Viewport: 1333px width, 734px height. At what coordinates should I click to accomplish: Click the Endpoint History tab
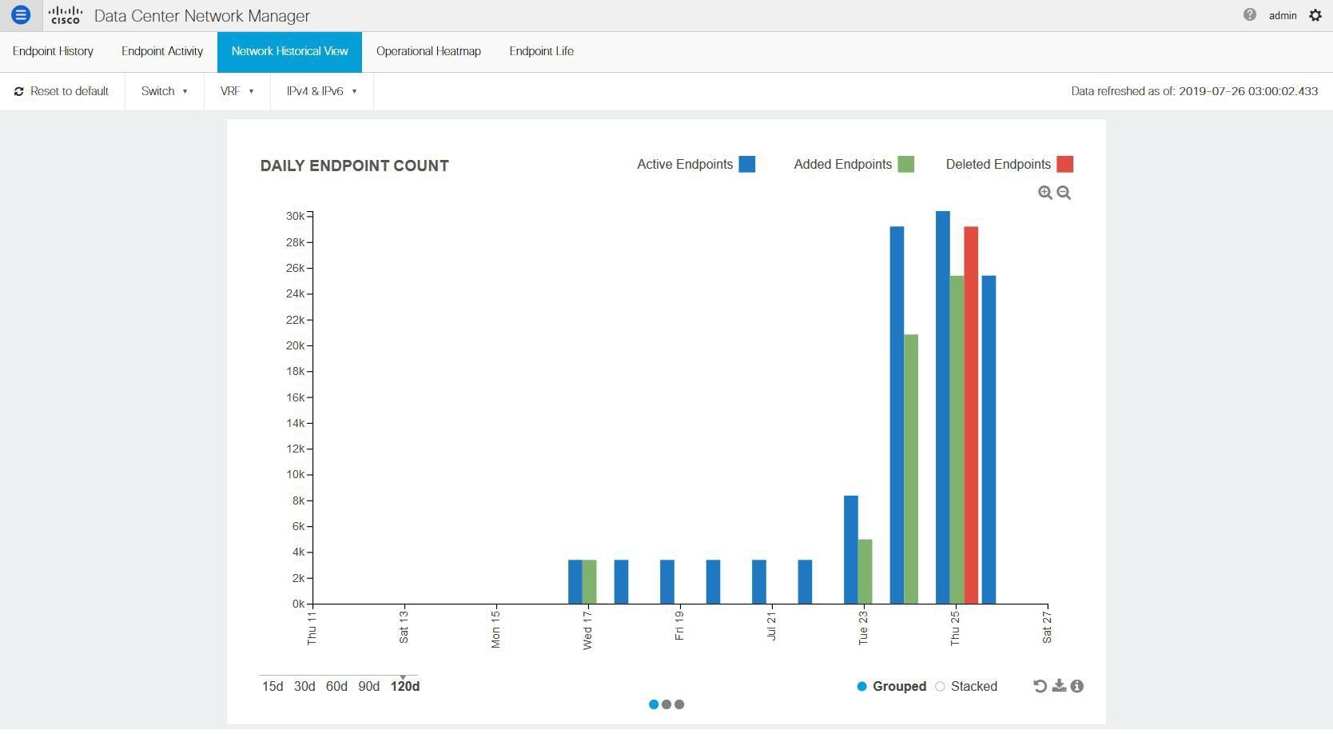[53, 51]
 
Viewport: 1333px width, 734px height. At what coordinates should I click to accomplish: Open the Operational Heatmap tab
[428, 51]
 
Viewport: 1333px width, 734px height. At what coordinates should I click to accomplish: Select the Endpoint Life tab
[541, 51]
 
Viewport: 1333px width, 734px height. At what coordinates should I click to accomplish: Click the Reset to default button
[62, 91]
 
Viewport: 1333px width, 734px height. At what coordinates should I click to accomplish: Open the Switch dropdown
[164, 91]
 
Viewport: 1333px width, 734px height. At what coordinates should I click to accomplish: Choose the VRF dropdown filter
[237, 91]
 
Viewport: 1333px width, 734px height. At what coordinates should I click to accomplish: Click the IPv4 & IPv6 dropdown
[321, 91]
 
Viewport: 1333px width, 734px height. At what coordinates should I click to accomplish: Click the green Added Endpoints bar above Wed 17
[589, 581]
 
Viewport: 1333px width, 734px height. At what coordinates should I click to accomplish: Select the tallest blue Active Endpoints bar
[943, 407]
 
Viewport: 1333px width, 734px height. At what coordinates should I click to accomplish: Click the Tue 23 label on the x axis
[863, 628]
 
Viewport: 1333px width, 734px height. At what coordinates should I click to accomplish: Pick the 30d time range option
[304, 686]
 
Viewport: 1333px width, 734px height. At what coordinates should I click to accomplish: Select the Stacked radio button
[941, 686]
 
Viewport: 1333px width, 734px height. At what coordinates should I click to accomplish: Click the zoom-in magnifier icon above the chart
[1045, 193]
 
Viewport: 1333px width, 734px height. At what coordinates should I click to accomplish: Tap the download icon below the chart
[1059, 686]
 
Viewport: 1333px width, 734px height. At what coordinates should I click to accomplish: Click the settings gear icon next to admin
[1315, 15]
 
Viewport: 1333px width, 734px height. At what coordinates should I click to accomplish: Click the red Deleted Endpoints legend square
[1064, 164]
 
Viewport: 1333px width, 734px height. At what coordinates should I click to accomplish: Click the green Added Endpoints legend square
[905, 164]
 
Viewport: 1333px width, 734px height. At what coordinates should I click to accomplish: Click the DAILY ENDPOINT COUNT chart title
[354, 166]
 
